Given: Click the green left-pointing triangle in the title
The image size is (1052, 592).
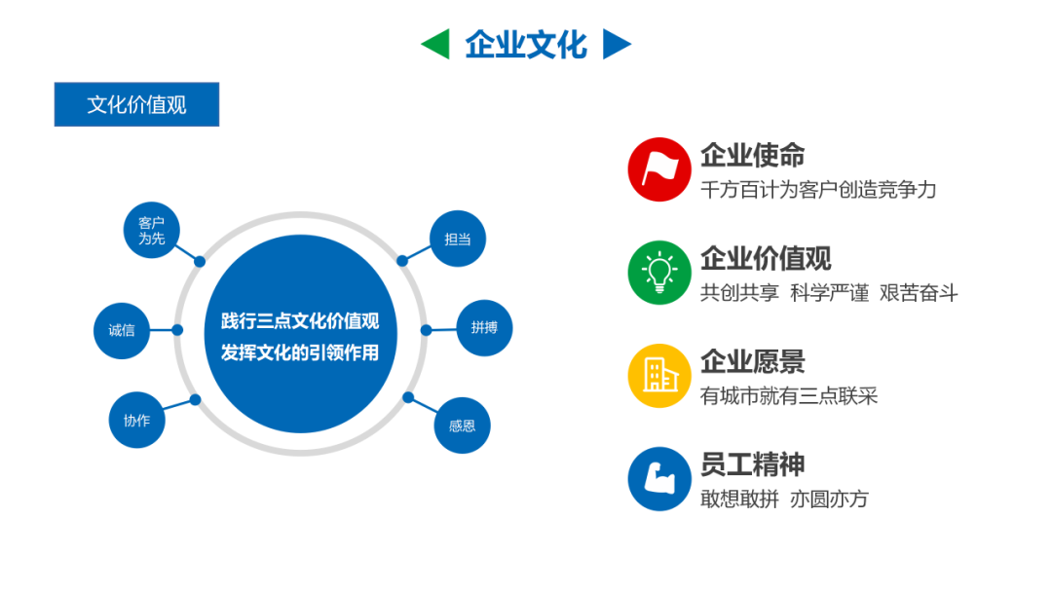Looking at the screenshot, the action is click(435, 44).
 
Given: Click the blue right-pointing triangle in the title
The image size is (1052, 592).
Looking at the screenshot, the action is click(617, 44).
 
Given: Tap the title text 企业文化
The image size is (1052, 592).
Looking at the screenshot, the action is click(526, 44).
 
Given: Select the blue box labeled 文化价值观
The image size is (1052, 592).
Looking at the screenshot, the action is click(136, 104).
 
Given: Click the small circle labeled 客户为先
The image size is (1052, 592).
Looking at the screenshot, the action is click(151, 231).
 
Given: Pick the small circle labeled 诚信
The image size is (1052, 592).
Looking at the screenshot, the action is click(122, 330).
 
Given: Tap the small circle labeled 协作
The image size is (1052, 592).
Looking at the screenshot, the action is click(136, 420).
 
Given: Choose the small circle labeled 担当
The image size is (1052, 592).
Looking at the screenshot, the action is click(458, 239).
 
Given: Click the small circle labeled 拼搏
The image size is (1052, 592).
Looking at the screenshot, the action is click(484, 328).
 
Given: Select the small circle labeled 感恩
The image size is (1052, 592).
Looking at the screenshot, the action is click(462, 425).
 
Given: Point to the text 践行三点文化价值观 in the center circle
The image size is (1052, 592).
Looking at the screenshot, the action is click(300, 320).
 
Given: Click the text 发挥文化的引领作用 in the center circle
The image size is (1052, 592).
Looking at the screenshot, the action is click(300, 351).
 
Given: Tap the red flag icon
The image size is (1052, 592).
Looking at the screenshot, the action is click(659, 169).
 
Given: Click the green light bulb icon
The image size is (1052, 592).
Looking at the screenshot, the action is click(659, 273).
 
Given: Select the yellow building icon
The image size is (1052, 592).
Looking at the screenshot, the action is click(659, 376).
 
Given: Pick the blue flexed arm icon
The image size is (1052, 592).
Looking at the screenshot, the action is click(659, 479).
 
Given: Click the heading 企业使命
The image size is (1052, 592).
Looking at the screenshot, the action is click(752, 155).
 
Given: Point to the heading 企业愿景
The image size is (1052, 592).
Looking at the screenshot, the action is click(752, 361).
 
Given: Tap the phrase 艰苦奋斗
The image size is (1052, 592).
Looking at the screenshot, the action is click(919, 293).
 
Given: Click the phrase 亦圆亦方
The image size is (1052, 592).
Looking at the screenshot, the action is click(829, 499).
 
